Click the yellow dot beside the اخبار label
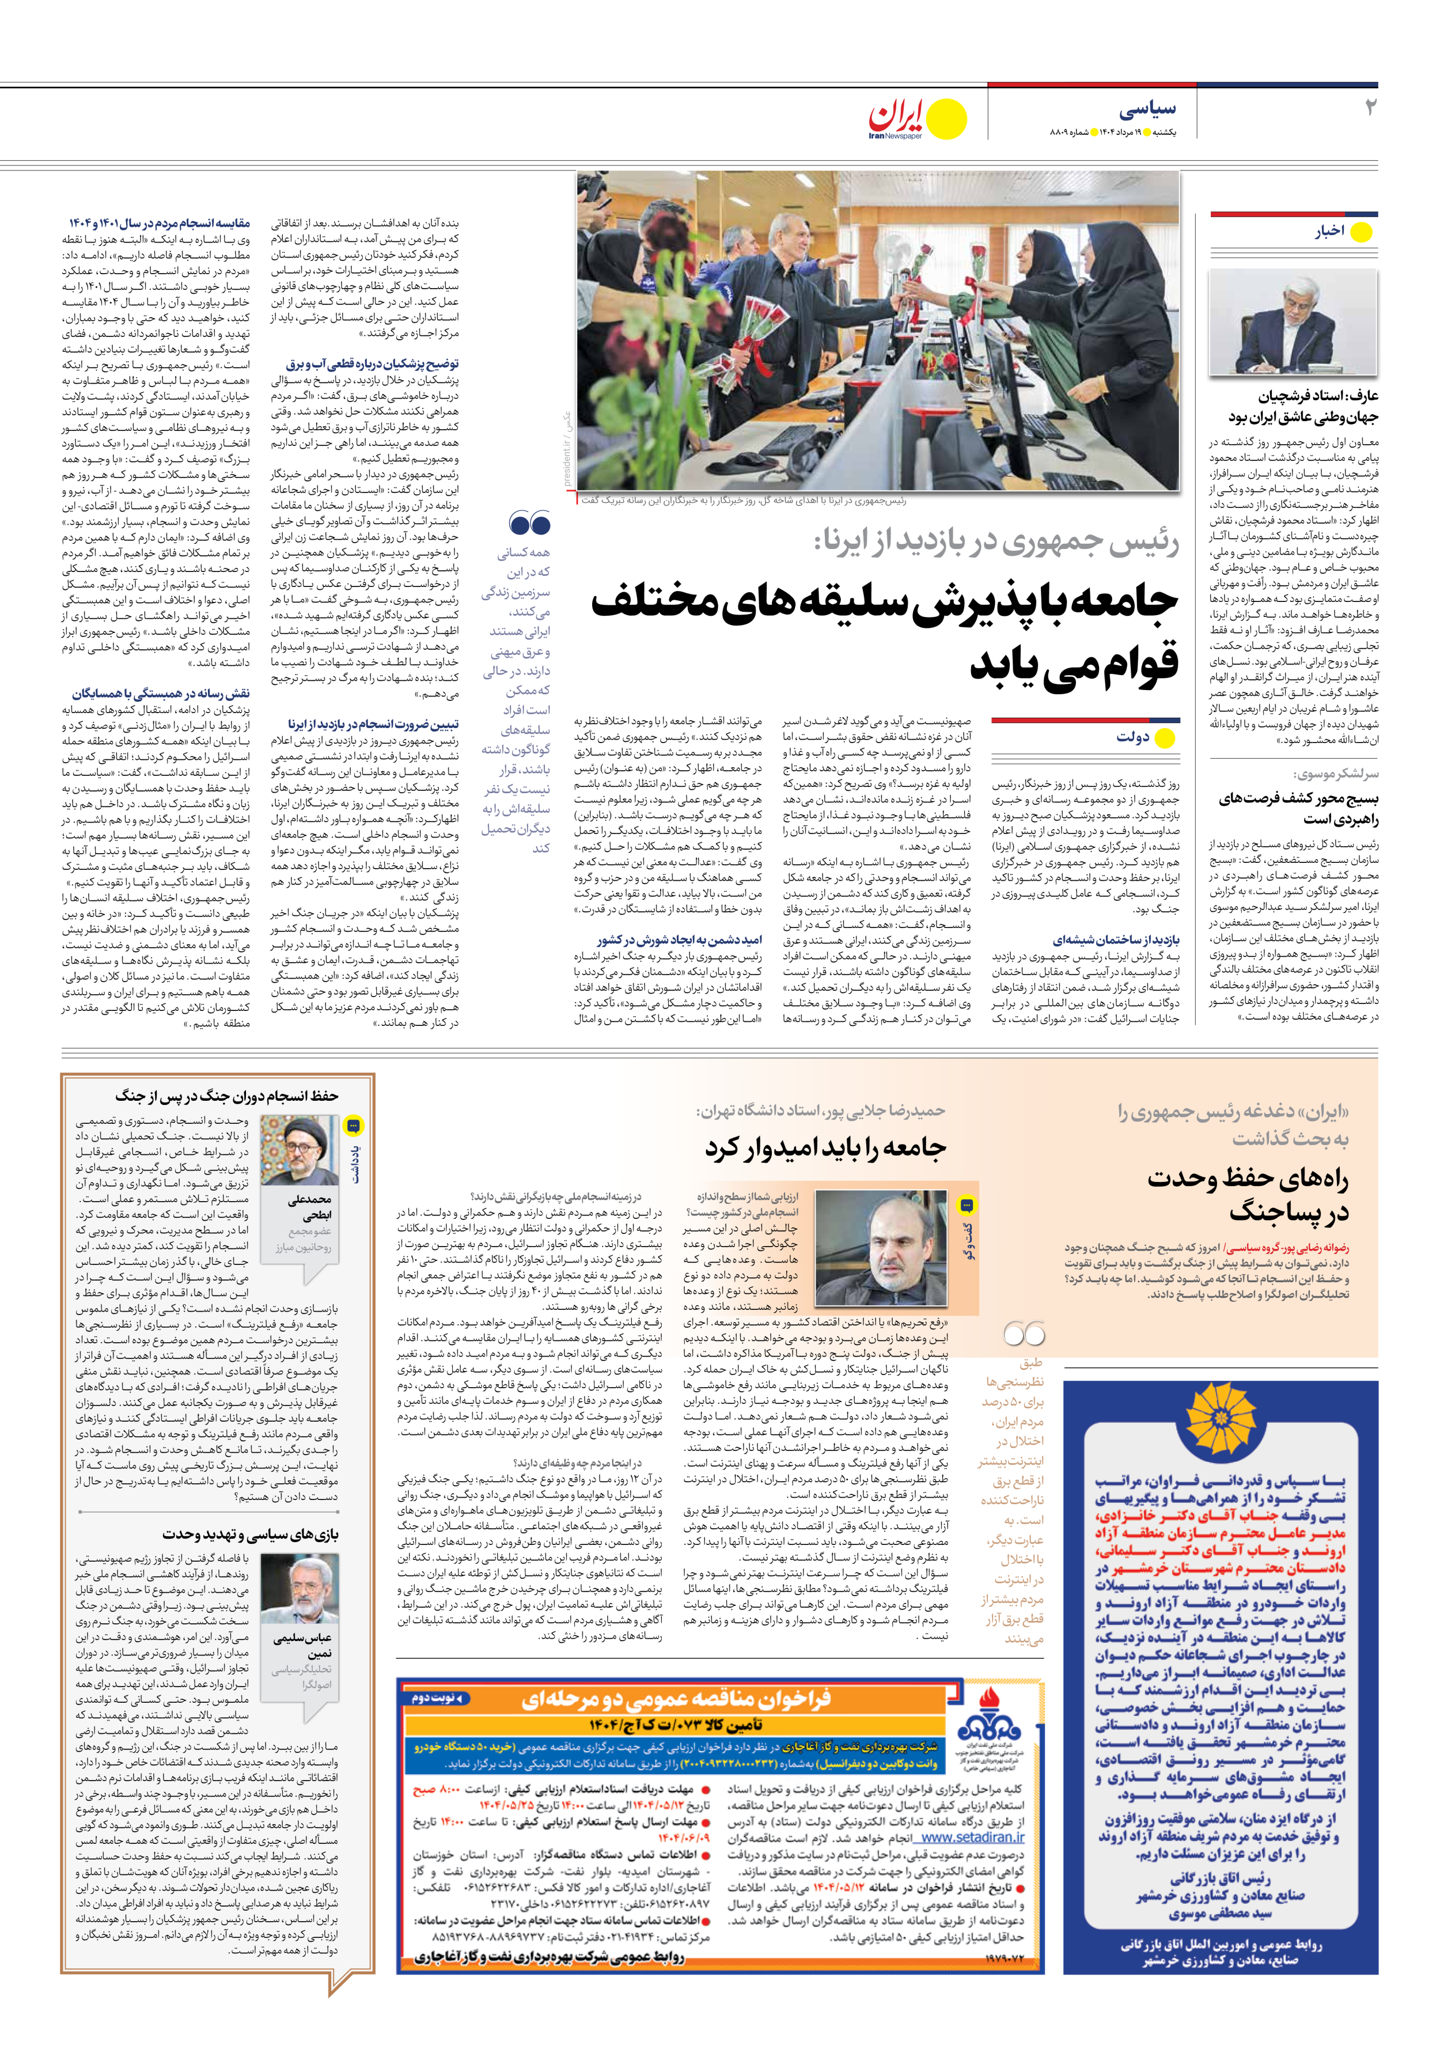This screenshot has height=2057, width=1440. pyautogui.click(x=1361, y=233)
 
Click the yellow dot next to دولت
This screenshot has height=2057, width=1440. pyautogui.click(x=1164, y=738)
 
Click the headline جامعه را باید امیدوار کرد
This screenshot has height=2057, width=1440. pyautogui.click(x=824, y=1147)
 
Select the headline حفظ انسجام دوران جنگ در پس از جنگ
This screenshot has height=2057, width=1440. pyautogui.click(x=226, y=1095)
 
